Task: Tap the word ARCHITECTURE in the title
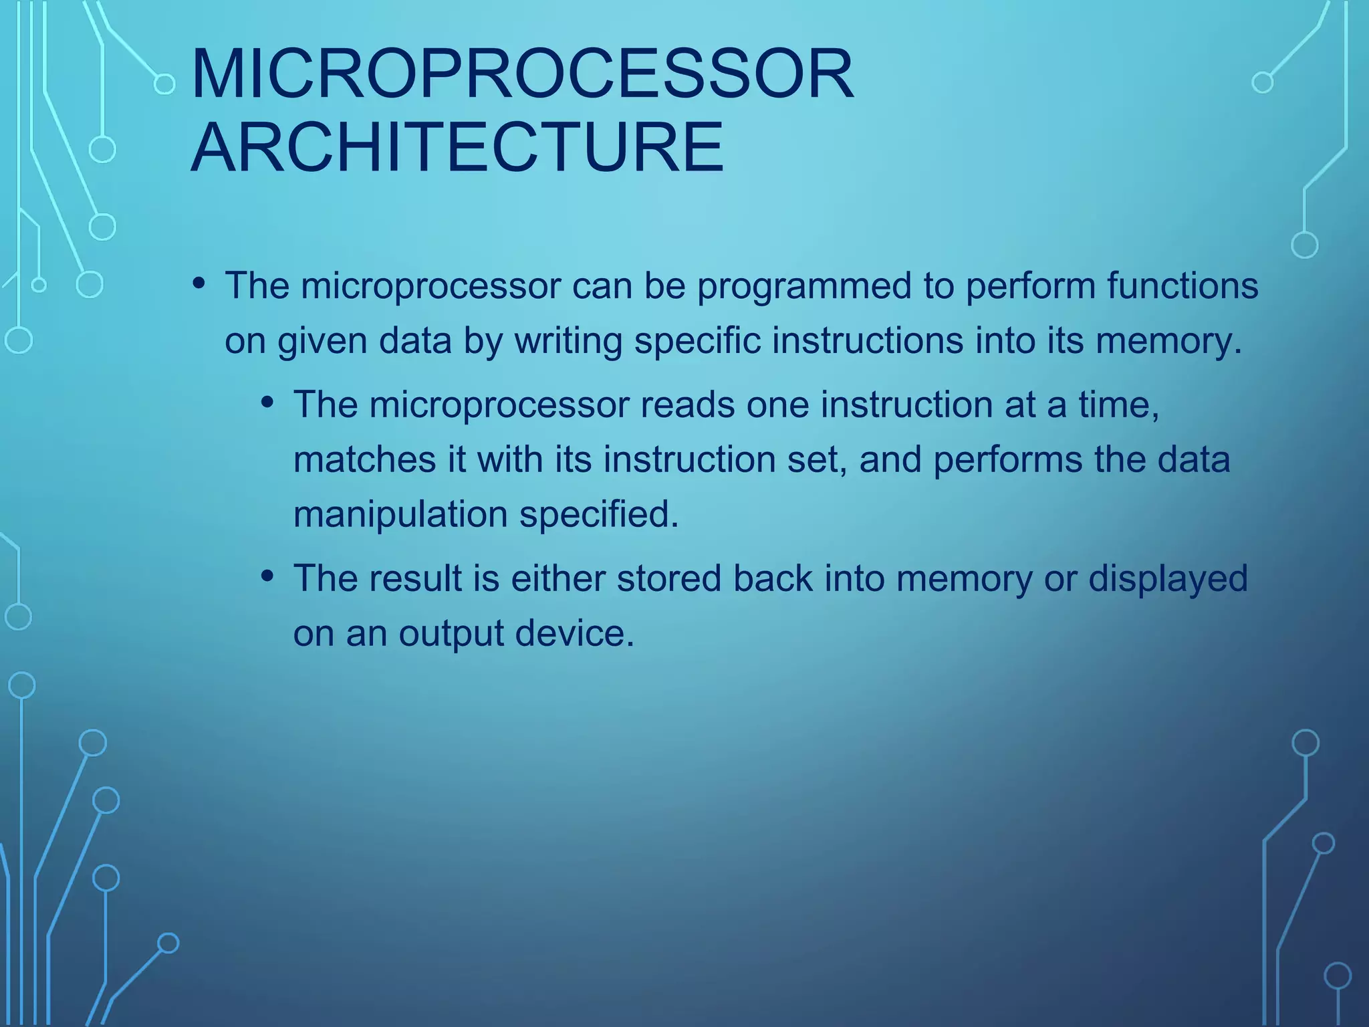coord(457,147)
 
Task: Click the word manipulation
coord(400,515)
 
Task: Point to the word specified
coord(599,515)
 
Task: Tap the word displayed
coord(1168,579)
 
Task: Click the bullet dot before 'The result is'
coord(268,576)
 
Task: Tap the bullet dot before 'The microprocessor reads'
coord(268,403)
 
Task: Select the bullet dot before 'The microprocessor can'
coord(199,283)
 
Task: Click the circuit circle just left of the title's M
coord(164,84)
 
